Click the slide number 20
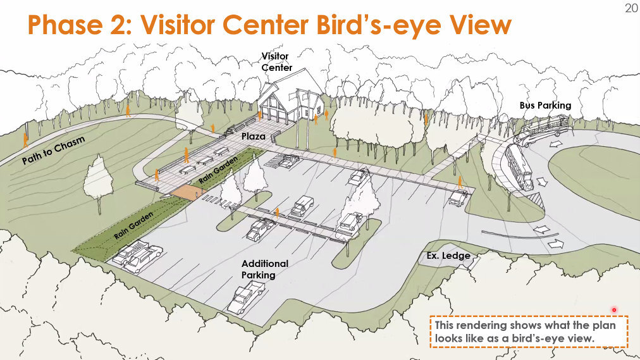pos(631,8)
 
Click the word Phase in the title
pos(65,25)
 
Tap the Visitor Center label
pos(276,61)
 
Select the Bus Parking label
pos(545,105)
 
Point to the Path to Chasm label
pos(54,150)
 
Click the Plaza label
pos(253,136)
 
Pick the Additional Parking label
pos(264,270)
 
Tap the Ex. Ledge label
pos(448,256)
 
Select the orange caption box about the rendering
pos(529,332)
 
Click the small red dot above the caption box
pos(614,310)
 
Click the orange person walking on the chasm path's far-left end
pos(25,140)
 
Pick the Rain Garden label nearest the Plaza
pos(218,170)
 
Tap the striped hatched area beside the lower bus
pos(534,201)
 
